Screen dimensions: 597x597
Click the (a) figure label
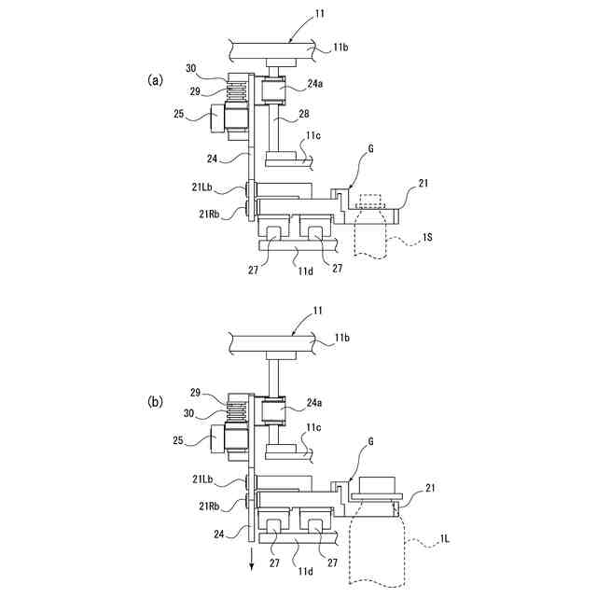(x=156, y=80)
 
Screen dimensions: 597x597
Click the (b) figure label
(x=156, y=404)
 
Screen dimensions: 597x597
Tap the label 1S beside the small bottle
(x=427, y=238)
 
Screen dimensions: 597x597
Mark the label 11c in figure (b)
(x=316, y=429)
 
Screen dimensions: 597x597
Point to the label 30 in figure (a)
(x=191, y=68)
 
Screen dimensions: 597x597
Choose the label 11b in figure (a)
(x=343, y=45)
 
